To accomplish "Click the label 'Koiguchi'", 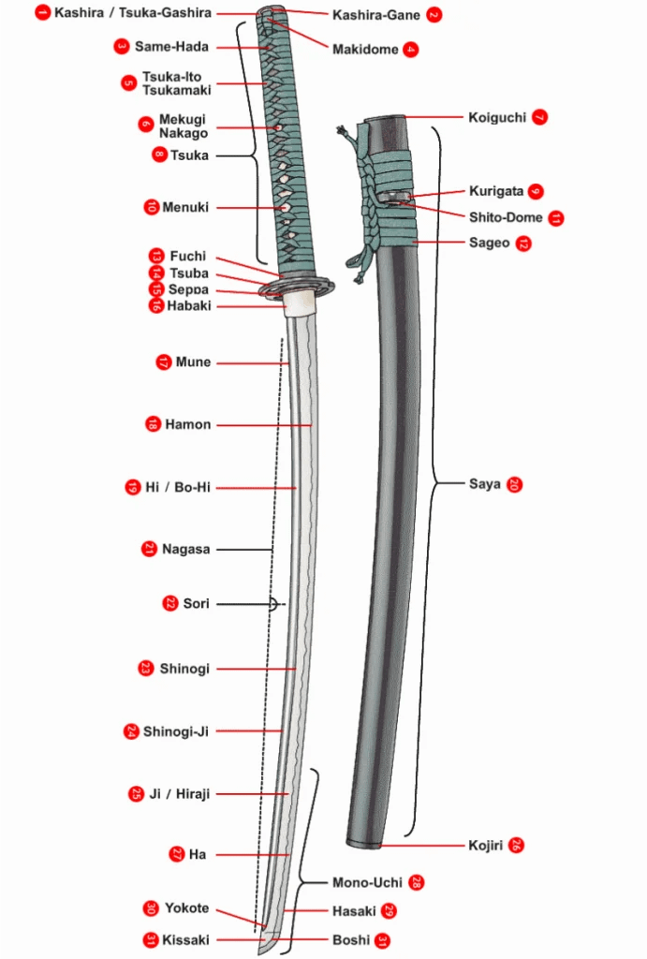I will pos(496,118).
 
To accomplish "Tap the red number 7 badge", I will pos(539,118).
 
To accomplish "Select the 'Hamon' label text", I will pos(188,424).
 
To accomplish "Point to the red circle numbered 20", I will pos(514,484).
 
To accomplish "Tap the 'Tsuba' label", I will pos(189,273).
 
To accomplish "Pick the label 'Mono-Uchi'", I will pos(367,882).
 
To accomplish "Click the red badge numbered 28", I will pos(417,882).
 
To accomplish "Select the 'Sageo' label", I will pos(489,243).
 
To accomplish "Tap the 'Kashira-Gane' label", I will pos(376,15).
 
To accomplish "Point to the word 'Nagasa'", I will pos(185,549).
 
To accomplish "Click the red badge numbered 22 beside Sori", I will pos(169,604).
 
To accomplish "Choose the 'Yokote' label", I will pos(187,908).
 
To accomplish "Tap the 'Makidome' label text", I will pos(365,50).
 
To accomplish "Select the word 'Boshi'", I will pos(350,939).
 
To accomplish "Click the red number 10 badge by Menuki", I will pos(152,207).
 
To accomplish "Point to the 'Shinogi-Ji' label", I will pos(176,730).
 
